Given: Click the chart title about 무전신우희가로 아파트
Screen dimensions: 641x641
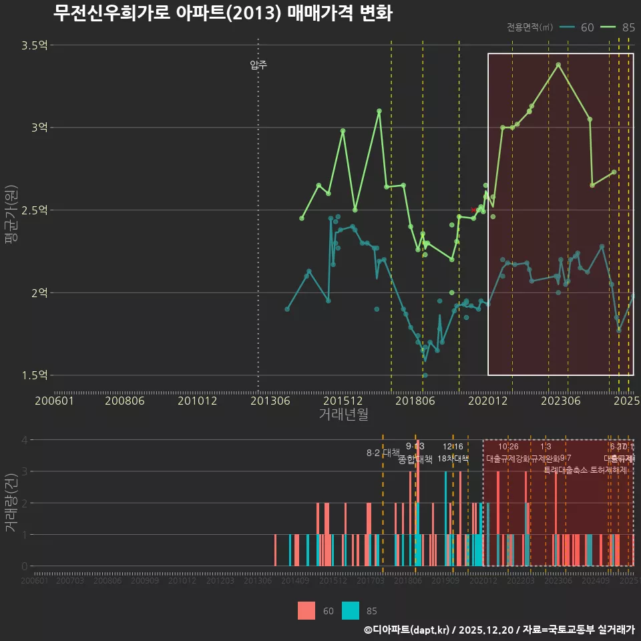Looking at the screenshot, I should [x=222, y=13].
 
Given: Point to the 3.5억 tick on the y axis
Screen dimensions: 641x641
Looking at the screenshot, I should [x=34, y=45].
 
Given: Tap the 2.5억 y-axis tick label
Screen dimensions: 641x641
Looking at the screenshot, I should [x=34, y=210].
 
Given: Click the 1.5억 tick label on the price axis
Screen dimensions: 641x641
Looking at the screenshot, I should [x=34, y=375].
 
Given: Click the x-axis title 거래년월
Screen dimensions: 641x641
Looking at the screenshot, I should [x=343, y=415].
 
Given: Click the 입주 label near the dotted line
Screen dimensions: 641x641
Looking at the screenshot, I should [x=258, y=65].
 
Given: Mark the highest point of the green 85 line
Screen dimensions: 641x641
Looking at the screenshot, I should [x=558, y=65].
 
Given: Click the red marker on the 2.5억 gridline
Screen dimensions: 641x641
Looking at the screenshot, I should [x=474, y=210].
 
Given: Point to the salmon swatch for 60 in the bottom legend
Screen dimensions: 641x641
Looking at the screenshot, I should [x=306, y=610].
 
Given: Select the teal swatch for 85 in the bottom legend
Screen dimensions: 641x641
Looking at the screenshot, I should [x=350, y=610].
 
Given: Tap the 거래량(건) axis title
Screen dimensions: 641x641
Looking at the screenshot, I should [x=11, y=502].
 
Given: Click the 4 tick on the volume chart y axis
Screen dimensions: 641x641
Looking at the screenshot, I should [x=24, y=440].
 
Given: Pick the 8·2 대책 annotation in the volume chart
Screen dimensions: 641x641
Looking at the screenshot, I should [x=383, y=453].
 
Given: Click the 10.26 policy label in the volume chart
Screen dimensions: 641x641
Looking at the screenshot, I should [x=508, y=447].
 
